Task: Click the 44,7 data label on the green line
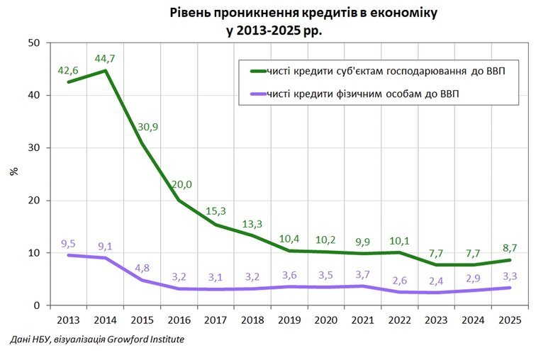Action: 105,56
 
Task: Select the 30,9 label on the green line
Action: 148,127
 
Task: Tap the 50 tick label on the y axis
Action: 33,43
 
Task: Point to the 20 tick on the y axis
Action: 33,201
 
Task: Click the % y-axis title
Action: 13,173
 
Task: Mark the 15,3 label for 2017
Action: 216,211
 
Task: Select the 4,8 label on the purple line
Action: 143,269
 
